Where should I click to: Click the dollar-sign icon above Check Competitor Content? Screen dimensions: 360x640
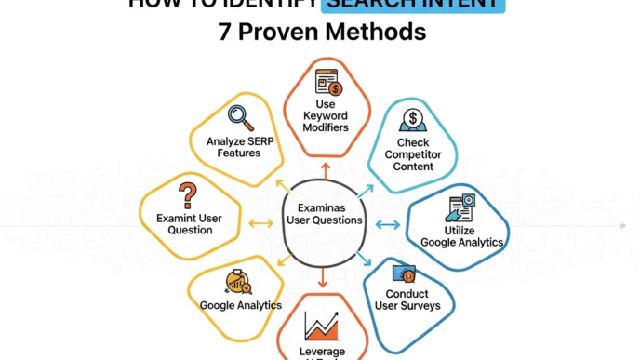412,121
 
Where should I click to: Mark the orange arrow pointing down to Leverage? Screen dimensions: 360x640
322,278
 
